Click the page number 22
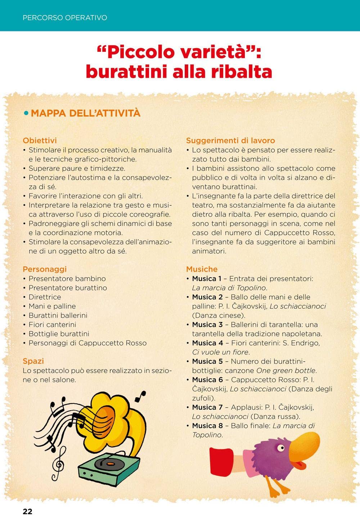pyautogui.click(x=27, y=512)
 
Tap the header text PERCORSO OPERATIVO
pyautogui.click(x=65, y=18)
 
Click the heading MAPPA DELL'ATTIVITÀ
pyautogui.click(x=86, y=113)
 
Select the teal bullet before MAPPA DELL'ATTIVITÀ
pyautogui.click(x=26, y=113)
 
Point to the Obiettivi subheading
pyautogui.click(x=40, y=140)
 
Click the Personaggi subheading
pyautogui.click(x=45, y=269)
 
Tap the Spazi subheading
pyautogui.click(x=33, y=361)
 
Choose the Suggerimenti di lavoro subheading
pyautogui.click(x=230, y=140)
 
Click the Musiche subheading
pyautogui.click(x=202, y=269)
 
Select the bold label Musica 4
pyautogui.click(x=207, y=343)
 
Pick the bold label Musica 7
pyautogui.click(x=207, y=407)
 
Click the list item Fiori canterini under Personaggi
pyautogui.click(x=52, y=325)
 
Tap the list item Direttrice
pyautogui.click(x=45, y=297)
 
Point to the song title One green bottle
pyautogui.click(x=286, y=371)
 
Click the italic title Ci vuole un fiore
pyautogui.click(x=221, y=352)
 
